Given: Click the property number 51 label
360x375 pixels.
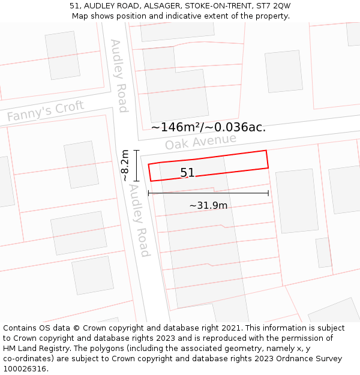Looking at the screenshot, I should pyautogui.click(x=187, y=173).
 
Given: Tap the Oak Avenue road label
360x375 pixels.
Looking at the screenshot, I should pyautogui.click(x=200, y=142).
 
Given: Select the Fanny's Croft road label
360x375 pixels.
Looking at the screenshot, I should pyautogui.click(x=46, y=112).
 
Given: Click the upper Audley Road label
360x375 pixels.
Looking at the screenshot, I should pyautogui.click(x=119, y=76).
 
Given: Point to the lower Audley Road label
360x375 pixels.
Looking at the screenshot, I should pyautogui.click(x=139, y=220).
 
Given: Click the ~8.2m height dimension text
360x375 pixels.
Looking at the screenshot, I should pyautogui.click(x=124, y=166).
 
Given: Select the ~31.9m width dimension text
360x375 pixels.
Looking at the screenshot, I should pyautogui.click(x=208, y=205).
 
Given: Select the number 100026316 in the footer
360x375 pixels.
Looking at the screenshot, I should pyautogui.click(x=26, y=369).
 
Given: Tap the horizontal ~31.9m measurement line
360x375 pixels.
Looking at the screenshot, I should pyautogui.click(x=208, y=193).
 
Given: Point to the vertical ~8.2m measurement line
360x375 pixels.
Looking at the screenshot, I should pyautogui.click(x=137, y=166).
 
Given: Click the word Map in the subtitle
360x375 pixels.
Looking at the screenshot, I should pyautogui.click(x=80, y=16).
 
